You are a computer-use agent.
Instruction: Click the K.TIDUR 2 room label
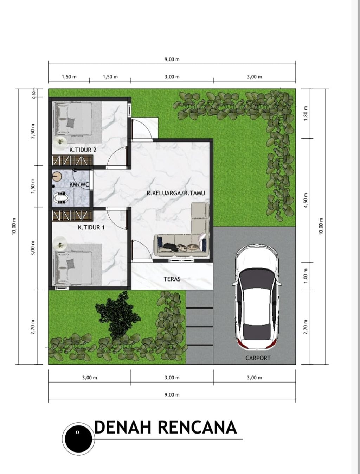pos(83,150)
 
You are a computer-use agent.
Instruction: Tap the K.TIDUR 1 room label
pos(91,227)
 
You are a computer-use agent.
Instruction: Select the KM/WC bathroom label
pos(79,185)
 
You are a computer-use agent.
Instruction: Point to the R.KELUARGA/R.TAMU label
pos(175,193)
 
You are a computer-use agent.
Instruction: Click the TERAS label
pos(172,279)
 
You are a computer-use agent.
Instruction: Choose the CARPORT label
pos(258,358)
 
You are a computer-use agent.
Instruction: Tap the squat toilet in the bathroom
pos(60,198)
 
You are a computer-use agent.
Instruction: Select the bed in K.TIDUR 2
pos(74,119)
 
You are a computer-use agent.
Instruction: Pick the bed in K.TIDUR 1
pos(74,268)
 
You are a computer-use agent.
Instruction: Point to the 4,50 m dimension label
pos(306,200)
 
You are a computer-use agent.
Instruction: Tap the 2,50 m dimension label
pos(33,131)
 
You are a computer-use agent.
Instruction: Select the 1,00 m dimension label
pos(306,276)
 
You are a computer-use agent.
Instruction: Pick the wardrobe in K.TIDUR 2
pos(73,160)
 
